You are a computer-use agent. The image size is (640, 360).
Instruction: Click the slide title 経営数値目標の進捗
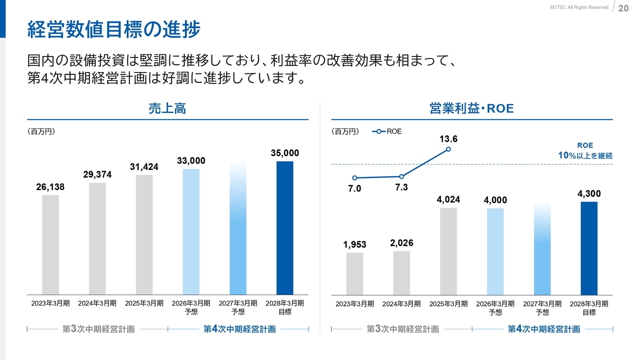(x=113, y=29)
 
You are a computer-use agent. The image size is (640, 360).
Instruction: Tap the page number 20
(x=623, y=8)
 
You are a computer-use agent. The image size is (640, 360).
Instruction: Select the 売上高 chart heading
(x=167, y=108)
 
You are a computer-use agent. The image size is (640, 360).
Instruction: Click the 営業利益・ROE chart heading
(x=471, y=108)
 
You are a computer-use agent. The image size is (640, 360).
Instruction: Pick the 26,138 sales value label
(x=50, y=186)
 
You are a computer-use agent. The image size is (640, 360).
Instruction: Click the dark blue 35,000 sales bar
(x=285, y=227)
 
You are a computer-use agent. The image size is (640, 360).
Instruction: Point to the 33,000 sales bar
(x=191, y=231)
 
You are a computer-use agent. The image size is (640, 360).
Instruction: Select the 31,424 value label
(x=144, y=167)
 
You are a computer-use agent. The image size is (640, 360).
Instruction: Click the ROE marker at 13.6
(x=448, y=149)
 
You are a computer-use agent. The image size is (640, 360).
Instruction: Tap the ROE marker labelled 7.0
(x=354, y=178)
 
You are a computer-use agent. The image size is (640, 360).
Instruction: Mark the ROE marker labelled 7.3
(x=401, y=176)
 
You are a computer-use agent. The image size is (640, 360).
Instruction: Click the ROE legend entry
(x=387, y=131)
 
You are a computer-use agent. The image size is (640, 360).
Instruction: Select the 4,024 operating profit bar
(x=448, y=251)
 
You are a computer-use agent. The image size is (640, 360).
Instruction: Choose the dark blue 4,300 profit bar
(x=589, y=248)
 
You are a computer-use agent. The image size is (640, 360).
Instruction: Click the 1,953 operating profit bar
(x=354, y=273)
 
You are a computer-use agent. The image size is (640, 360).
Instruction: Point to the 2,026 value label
(x=401, y=243)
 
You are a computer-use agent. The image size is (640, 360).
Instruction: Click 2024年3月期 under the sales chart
(x=97, y=303)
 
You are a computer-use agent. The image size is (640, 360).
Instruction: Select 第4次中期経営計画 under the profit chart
(x=543, y=329)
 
